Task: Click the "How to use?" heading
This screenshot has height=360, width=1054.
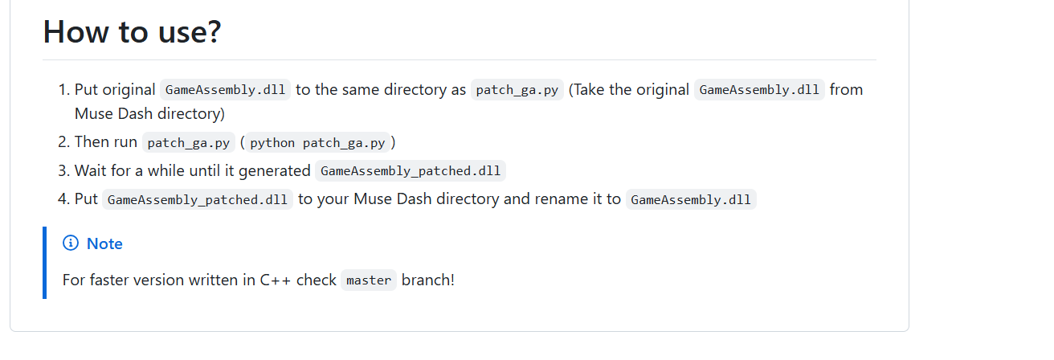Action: point(132,31)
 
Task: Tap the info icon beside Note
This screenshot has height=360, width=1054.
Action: point(71,243)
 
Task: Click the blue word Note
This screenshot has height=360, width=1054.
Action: point(104,243)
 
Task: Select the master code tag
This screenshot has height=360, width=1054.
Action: point(369,280)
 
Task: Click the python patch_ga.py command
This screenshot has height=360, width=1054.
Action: point(317,142)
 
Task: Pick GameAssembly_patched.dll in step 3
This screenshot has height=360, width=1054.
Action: point(411,171)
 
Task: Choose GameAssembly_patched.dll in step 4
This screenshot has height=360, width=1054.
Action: point(198,199)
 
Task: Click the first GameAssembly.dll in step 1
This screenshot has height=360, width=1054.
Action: point(226,89)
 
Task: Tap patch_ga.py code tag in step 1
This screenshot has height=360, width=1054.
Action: point(517,89)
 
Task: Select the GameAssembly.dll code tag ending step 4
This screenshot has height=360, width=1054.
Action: point(691,199)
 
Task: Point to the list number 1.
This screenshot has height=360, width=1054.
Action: point(64,89)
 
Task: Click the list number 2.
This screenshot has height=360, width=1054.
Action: point(64,141)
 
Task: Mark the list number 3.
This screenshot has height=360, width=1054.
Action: point(64,170)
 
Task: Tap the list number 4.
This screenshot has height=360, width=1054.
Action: point(64,198)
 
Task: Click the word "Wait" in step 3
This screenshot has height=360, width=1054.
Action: point(89,170)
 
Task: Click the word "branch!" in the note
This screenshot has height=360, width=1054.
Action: point(427,280)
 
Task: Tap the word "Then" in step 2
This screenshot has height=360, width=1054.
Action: point(92,141)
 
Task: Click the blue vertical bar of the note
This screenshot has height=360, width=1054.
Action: point(45,263)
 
